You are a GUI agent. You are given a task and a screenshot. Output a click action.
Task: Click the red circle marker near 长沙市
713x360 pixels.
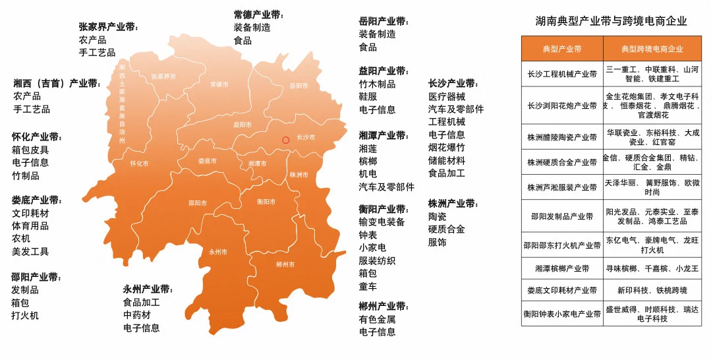click(285, 140)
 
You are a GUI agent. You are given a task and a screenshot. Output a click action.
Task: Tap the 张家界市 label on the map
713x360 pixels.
click(163, 76)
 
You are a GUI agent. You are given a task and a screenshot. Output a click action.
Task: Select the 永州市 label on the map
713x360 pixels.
click(218, 252)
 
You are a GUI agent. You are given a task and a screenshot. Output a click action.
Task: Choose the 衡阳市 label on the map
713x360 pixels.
click(266, 202)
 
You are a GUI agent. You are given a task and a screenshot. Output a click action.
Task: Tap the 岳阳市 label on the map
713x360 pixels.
click(299, 86)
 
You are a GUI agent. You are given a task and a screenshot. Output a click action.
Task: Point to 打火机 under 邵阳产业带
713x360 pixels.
click(25, 315)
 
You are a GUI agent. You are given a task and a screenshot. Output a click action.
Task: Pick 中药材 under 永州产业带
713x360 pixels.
click(137, 315)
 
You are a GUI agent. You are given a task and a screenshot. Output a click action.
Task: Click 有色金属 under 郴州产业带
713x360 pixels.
click(377, 319)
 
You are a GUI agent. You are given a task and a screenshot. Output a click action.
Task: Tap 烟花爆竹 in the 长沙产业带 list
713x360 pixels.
click(446, 147)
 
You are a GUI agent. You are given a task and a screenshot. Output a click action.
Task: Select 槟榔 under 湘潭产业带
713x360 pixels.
click(368, 161)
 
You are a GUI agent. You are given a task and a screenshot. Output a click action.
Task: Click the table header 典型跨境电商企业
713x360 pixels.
click(652, 49)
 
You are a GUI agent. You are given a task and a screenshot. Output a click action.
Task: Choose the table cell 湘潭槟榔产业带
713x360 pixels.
click(561, 268)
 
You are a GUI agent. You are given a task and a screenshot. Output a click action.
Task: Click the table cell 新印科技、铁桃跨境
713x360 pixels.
click(652, 290)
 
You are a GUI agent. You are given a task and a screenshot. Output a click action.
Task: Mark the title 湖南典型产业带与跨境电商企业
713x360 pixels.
click(611, 21)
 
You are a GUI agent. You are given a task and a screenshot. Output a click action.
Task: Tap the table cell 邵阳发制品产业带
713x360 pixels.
click(561, 216)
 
